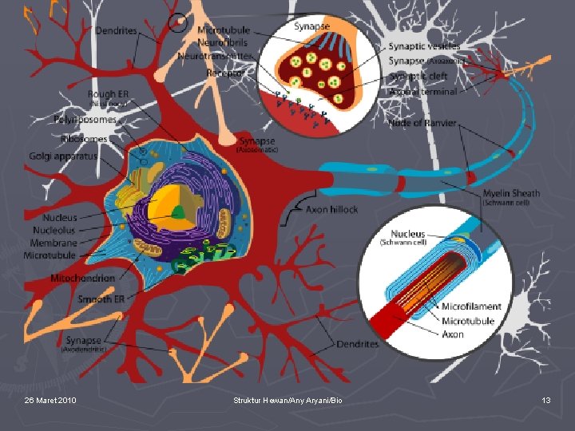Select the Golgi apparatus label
pos(63,156)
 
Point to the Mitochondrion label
pos(82,279)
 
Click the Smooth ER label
pos(101,299)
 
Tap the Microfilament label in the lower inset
pos(471,306)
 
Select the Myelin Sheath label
pos(511,192)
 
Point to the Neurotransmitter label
pos(215,56)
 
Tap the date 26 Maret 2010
pos(50,399)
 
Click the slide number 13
pos(546,399)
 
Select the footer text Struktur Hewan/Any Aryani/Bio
pos(287,399)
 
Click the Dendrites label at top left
pos(117,31)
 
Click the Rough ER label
pos(107,94)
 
